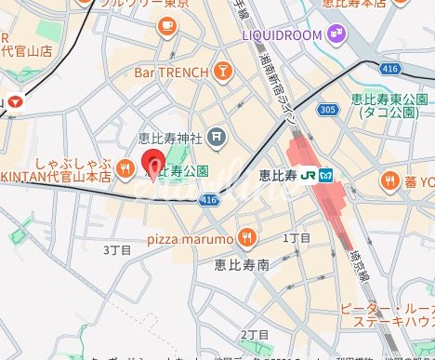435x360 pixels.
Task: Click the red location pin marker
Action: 152,166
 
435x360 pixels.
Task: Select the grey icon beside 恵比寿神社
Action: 216,140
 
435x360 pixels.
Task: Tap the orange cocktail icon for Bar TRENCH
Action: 223,71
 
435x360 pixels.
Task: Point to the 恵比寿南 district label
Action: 241,264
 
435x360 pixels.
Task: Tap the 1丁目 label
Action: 296,239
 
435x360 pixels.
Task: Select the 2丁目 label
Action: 254,334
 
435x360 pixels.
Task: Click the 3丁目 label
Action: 119,249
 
